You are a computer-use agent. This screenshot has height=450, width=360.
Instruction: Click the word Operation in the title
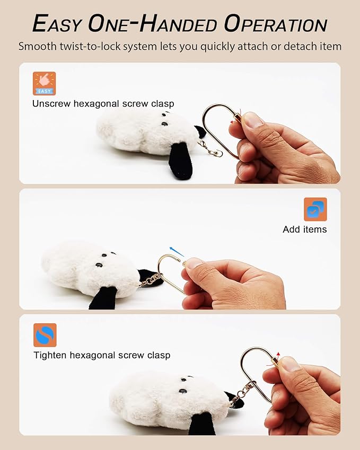click(x=276, y=24)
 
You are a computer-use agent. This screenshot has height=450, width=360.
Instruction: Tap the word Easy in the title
click(x=57, y=24)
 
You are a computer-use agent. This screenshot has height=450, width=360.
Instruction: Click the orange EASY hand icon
click(x=44, y=84)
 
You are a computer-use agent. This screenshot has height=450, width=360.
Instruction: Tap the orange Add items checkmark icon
click(x=315, y=209)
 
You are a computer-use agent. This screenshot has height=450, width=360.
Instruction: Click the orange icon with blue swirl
click(x=45, y=335)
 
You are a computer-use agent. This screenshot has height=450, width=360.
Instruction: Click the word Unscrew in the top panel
click(x=51, y=103)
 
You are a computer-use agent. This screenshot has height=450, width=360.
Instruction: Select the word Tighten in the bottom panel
click(x=50, y=355)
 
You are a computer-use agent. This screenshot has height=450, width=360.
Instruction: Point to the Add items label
click(x=304, y=230)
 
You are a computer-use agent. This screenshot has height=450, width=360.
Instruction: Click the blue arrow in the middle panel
click(x=176, y=251)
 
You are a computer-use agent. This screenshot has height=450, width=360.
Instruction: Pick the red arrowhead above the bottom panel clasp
click(x=278, y=354)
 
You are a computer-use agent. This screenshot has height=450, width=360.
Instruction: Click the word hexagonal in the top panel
click(x=96, y=103)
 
